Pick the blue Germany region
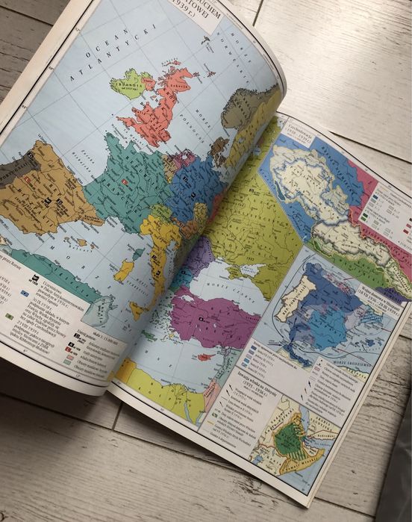tap(192, 187)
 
